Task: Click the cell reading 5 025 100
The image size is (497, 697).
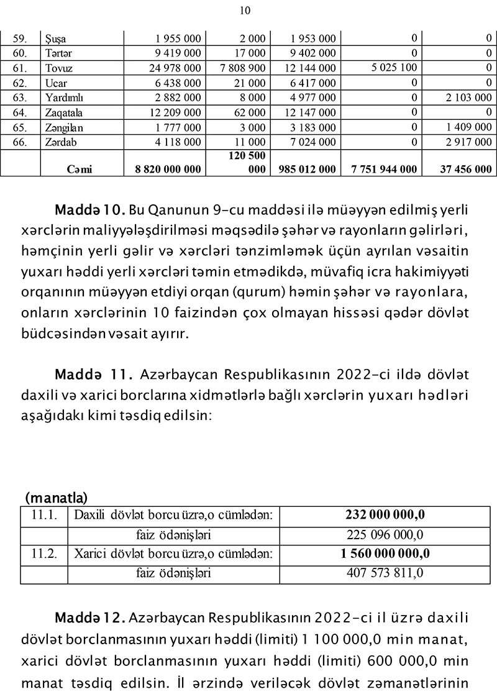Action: pos(394,67)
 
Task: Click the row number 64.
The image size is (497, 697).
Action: pos(21,112)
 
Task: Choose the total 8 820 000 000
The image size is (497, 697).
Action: pos(168,169)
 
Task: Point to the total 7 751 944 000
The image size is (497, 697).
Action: pos(383,169)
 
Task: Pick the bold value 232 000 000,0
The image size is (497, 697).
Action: pos(385,515)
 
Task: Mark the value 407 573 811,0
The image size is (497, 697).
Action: pos(385,573)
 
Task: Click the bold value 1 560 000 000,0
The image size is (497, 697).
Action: pos(385,553)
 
